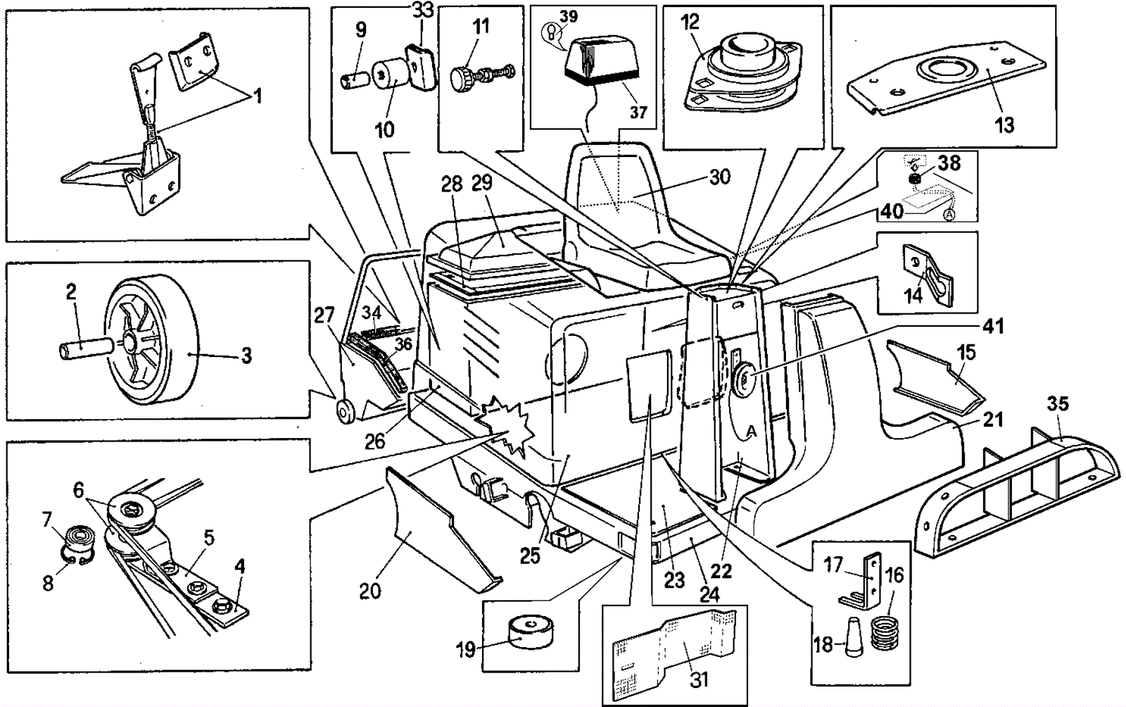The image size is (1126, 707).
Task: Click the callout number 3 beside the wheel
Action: (x=246, y=356)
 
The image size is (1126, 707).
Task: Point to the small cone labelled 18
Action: (x=853, y=638)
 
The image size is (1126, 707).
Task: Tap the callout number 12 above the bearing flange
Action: (x=690, y=21)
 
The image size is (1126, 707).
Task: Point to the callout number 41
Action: (x=993, y=327)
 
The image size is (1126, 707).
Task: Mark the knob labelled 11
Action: (x=464, y=75)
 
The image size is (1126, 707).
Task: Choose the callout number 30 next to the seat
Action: (x=719, y=177)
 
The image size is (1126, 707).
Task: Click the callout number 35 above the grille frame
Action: (x=1058, y=403)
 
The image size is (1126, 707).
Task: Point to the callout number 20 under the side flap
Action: (x=370, y=591)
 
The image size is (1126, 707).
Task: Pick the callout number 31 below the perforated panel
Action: (x=698, y=680)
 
